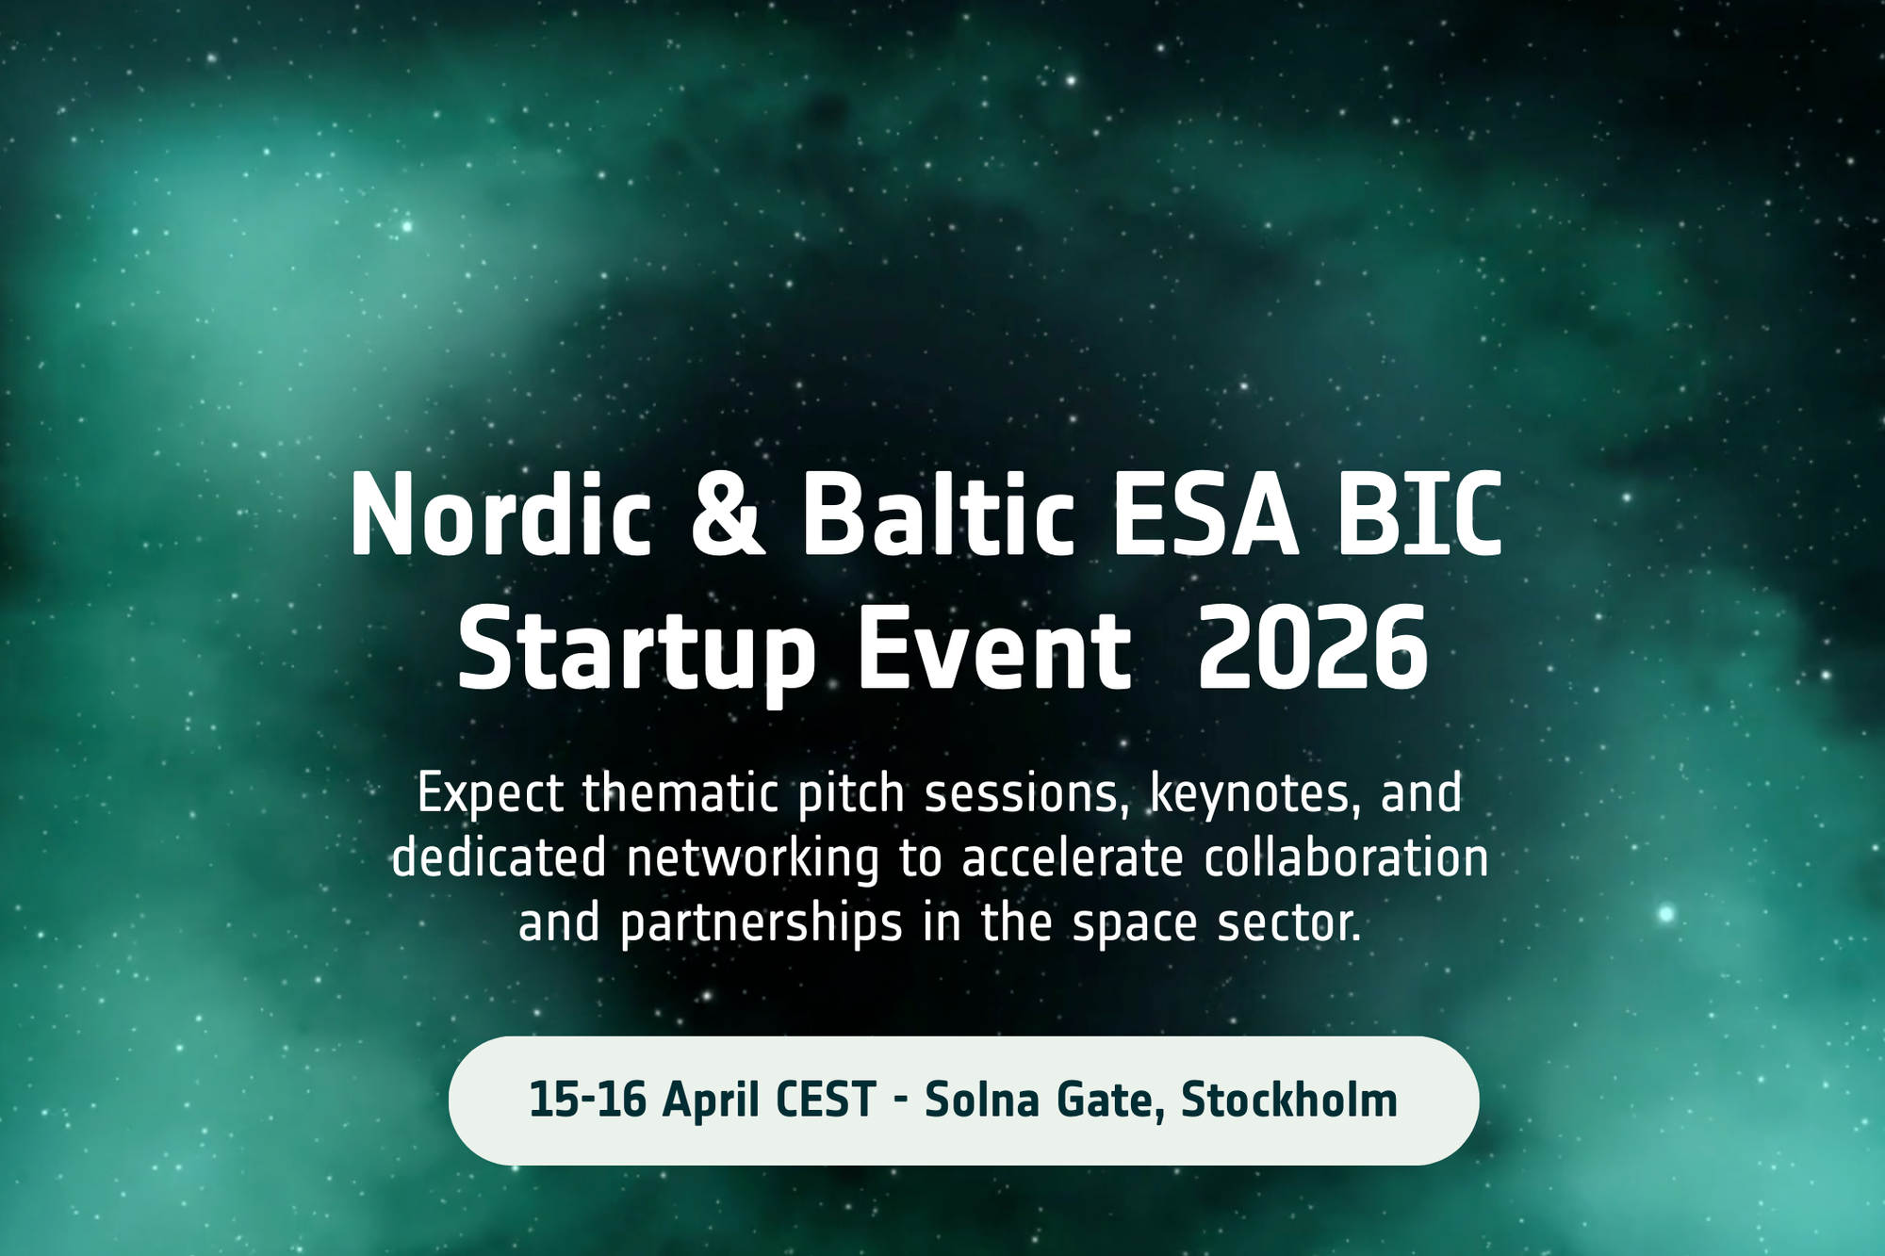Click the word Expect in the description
491,794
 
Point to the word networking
752,859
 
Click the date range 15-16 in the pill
587,1100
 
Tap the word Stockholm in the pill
1289,1099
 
